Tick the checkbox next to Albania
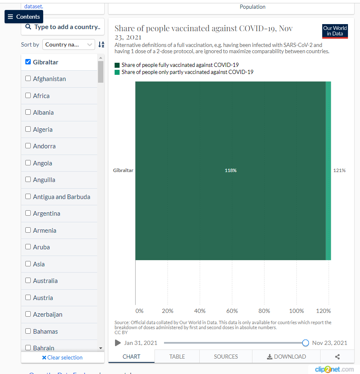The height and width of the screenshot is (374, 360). tap(28, 112)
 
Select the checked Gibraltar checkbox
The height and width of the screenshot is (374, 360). tap(28, 62)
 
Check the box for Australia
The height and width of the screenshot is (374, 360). tap(28, 280)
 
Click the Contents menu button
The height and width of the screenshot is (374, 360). tap(24, 17)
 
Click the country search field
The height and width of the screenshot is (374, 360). tap(63, 27)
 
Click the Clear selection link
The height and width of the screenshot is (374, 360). tap(62, 357)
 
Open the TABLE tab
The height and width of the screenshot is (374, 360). tap(177, 357)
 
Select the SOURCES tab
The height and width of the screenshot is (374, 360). tap(226, 357)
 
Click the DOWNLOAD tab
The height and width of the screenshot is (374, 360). tap(286, 357)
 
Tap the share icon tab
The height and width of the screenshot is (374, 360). tap(337, 357)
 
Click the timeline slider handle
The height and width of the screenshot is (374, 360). tap(306, 343)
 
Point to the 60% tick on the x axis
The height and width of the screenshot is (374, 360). tap(232, 311)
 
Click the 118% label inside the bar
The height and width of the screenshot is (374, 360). tap(230, 170)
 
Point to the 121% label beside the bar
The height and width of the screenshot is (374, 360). tap(339, 170)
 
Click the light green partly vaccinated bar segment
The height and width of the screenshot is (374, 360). tap(328, 170)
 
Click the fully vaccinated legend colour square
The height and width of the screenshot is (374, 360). tap(117, 65)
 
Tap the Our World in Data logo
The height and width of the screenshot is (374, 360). tap(335, 31)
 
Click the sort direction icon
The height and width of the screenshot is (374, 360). tap(101, 44)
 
